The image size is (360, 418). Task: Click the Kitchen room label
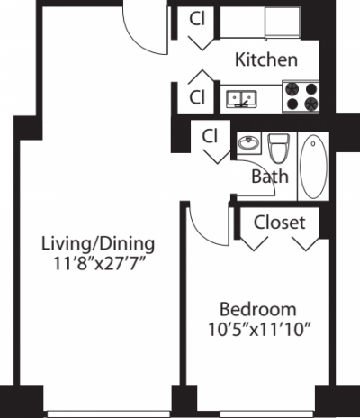point(265,60)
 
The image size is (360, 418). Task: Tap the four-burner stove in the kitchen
point(301,97)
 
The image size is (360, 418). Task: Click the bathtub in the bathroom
point(313,167)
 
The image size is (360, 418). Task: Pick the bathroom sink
point(247,143)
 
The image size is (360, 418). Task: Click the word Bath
point(269,177)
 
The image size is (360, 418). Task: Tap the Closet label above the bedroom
point(280,222)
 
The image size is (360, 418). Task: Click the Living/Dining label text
point(99,243)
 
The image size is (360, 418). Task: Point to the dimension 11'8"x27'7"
point(99,266)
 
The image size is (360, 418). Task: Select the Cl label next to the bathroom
point(211,137)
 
